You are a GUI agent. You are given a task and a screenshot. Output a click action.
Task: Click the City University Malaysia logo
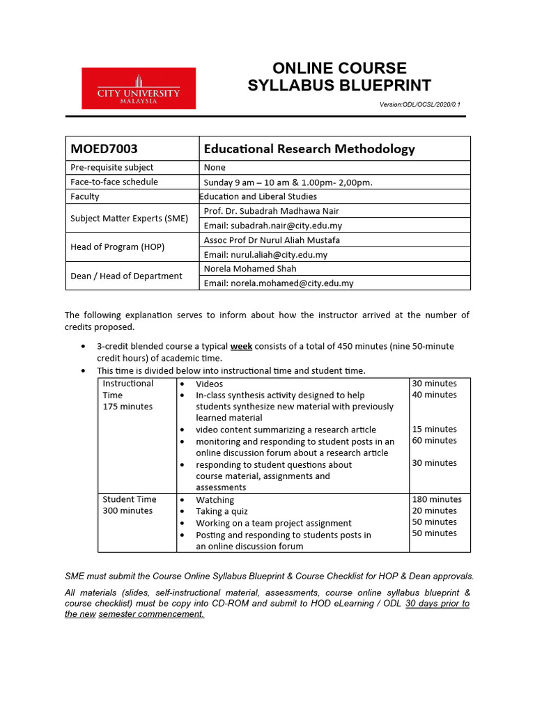tap(139, 88)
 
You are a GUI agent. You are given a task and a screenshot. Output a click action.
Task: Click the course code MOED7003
tap(104, 149)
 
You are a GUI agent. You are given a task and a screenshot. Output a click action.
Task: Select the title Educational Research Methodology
tap(309, 149)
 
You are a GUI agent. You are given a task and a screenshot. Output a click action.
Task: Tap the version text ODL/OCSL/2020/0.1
tap(420, 104)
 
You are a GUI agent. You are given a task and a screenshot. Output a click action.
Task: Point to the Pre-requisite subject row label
tap(112, 167)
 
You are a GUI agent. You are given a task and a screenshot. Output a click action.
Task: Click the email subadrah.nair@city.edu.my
tap(272, 226)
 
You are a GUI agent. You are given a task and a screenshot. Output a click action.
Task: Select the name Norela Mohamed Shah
tap(250, 269)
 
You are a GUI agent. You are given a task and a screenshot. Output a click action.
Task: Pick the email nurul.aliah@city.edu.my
tap(265, 255)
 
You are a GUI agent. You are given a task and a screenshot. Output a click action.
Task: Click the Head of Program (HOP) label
tap(118, 247)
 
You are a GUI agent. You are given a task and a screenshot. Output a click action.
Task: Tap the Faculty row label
tap(86, 196)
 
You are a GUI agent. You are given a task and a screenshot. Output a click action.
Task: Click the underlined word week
tap(241, 346)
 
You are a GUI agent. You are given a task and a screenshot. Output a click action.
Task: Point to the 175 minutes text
tap(127, 407)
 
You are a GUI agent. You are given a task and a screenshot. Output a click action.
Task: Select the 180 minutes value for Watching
tap(437, 499)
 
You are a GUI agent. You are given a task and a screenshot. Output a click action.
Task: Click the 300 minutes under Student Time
tap(127, 510)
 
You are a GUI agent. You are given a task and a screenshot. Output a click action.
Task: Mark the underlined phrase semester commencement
tap(151, 614)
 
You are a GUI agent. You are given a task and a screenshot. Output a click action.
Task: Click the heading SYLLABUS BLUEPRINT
tap(339, 86)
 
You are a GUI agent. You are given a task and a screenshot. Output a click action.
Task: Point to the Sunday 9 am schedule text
tap(288, 182)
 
